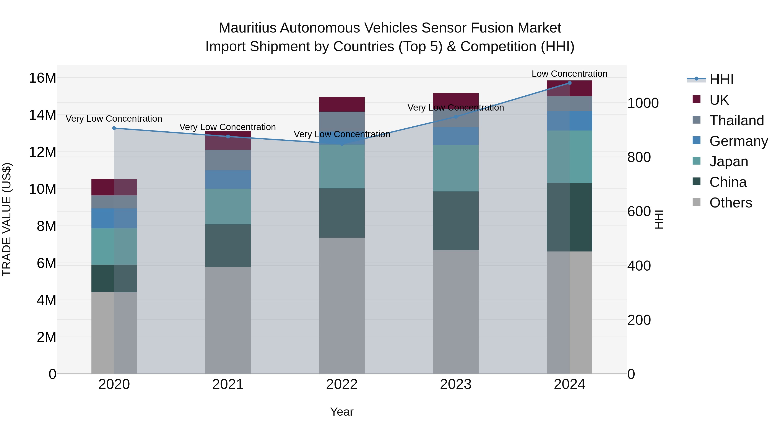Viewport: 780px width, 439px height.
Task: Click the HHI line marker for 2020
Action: point(114,128)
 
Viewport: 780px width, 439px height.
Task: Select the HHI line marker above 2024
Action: point(570,83)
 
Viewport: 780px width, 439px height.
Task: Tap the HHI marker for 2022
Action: point(342,144)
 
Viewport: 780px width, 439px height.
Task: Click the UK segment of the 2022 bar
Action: point(342,104)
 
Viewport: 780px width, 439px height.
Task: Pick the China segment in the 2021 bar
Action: point(228,245)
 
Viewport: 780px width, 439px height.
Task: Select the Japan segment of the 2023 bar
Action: point(456,168)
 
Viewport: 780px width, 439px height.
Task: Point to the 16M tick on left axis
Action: point(42,78)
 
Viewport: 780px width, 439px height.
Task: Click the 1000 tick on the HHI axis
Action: point(643,103)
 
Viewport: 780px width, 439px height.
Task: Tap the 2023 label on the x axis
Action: point(456,384)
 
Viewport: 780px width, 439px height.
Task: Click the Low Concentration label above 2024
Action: point(570,74)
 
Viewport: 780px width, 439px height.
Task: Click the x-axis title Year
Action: point(342,412)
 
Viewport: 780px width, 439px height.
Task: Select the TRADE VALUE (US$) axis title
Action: point(7,219)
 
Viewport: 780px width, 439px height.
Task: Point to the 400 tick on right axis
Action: point(639,266)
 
